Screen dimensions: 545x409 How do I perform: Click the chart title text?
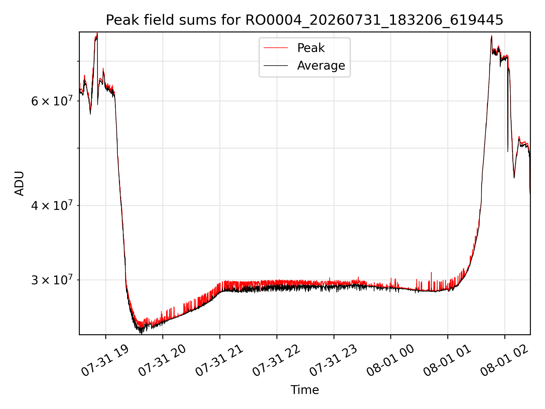[x=305, y=20]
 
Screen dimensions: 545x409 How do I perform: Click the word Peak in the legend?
[x=311, y=48]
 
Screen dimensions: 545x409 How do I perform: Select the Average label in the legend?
[x=321, y=66]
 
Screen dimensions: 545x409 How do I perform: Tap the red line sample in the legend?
[x=276, y=48]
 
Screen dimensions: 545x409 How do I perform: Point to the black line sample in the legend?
[x=276, y=66]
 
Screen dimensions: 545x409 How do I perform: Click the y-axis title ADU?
[x=19, y=183]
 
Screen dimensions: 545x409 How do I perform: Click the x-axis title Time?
[x=305, y=390]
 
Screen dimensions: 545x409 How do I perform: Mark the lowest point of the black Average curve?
[x=141, y=333]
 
